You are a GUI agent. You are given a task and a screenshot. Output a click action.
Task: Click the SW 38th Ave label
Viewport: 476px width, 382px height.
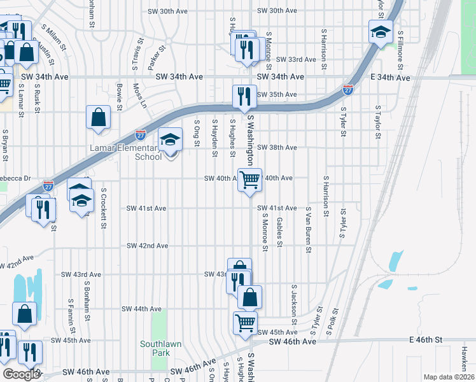coord(277,147)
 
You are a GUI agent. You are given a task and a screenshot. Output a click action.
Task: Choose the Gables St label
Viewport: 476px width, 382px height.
coord(279,230)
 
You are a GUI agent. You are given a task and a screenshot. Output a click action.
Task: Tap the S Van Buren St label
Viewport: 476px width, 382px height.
coord(308,230)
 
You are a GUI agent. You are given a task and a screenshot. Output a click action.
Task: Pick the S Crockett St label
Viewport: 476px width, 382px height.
coord(102,205)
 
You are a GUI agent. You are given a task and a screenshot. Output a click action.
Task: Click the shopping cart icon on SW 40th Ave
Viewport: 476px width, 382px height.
coord(250,180)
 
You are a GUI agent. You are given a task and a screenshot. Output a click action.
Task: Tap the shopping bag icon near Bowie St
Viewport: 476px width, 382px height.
coord(98,117)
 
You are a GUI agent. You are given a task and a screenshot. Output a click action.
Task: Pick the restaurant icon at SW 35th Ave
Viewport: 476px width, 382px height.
coord(244,96)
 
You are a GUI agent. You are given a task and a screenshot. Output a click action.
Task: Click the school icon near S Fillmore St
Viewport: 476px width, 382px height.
coord(381,32)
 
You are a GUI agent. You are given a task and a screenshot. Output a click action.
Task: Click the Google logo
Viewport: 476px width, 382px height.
coord(20,374)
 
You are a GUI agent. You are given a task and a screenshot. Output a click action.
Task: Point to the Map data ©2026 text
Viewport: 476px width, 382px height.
coord(448,377)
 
